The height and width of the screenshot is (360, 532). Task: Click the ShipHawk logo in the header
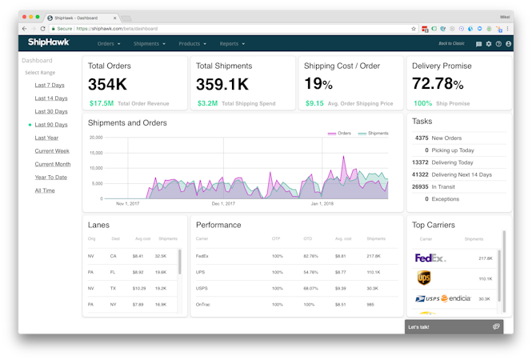pos(49,43)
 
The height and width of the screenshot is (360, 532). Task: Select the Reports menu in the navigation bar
pos(231,44)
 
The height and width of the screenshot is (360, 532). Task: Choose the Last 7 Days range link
pos(50,85)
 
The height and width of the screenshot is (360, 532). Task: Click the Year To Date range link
pos(51,177)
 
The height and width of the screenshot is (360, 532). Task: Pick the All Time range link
pos(45,190)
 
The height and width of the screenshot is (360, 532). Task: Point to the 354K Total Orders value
pos(107,84)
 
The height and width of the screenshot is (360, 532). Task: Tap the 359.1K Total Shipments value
pos(222,84)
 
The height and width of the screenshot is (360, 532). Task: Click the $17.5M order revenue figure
pos(102,103)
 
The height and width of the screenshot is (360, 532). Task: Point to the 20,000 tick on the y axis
pos(96,138)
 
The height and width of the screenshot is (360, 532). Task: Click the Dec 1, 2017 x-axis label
pos(223,204)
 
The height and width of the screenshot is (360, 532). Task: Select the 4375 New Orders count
pos(421,138)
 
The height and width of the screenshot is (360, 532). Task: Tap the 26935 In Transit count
pos(418,186)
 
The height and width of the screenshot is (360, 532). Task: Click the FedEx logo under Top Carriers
pos(430,258)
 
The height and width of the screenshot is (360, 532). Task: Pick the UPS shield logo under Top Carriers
pos(424,278)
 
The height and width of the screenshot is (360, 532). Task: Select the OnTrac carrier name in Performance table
pos(203,304)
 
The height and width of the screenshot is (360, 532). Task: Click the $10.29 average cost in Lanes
pos(138,288)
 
